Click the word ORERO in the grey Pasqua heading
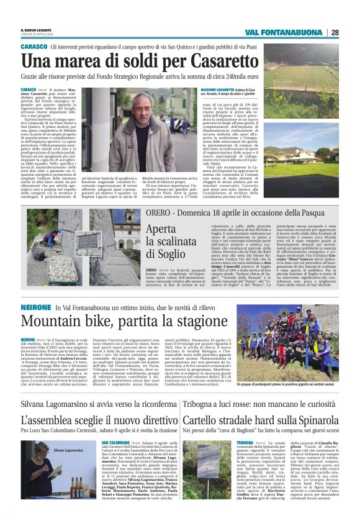[157, 194]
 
